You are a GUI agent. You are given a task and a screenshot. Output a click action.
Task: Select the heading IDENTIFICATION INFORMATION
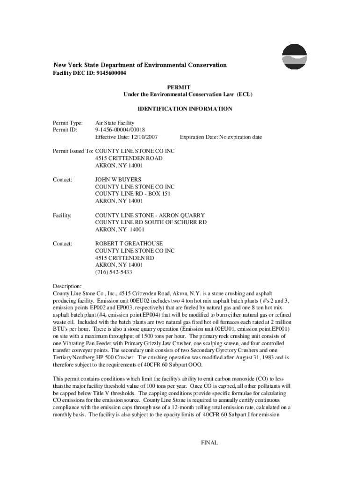(x=185, y=109)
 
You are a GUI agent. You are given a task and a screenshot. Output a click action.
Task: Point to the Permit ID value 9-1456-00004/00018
(x=120, y=130)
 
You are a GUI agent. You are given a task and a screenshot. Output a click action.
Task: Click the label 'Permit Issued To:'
(x=73, y=152)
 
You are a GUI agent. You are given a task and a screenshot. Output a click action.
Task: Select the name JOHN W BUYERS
(x=118, y=180)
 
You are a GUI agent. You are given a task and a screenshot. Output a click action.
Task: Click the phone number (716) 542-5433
(x=114, y=272)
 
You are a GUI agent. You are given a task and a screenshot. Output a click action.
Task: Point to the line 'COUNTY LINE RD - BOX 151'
(x=133, y=194)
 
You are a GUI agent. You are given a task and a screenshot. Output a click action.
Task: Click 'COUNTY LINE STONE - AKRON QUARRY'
(x=144, y=215)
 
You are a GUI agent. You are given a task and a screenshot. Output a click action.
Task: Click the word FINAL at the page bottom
(x=209, y=443)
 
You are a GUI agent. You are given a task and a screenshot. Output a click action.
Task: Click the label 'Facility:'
(x=62, y=215)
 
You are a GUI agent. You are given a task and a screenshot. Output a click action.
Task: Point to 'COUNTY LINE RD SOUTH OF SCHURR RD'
(x=151, y=222)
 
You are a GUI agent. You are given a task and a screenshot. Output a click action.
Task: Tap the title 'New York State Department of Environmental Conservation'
(x=140, y=65)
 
